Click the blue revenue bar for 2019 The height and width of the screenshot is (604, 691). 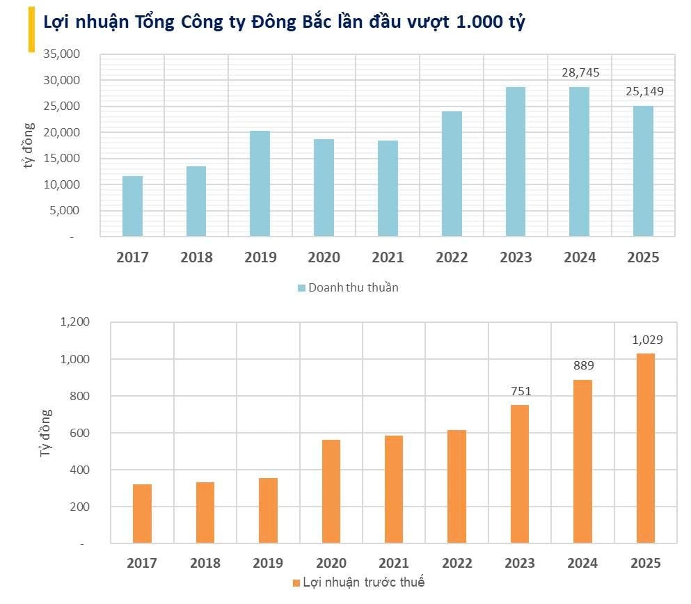point(260,184)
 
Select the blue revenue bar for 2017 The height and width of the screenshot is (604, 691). point(132,206)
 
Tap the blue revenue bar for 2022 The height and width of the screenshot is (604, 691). point(452,174)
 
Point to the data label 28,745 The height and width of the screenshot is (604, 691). point(580,72)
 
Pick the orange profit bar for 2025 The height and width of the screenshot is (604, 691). point(645,448)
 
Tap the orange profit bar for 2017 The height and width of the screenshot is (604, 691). point(142,514)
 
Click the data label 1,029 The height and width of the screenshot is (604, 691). point(647,340)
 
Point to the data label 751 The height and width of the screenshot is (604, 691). point(520,391)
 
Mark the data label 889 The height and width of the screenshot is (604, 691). point(583,365)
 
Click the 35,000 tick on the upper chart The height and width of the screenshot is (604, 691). point(63,54)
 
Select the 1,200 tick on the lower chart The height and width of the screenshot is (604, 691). point(75,322)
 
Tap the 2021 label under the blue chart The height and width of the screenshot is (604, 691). point(388,257)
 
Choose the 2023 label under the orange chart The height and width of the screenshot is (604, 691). point(518,563)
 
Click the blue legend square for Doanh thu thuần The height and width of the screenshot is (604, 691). point(301,287)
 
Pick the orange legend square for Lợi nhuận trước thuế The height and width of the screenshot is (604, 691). point(297,582)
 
